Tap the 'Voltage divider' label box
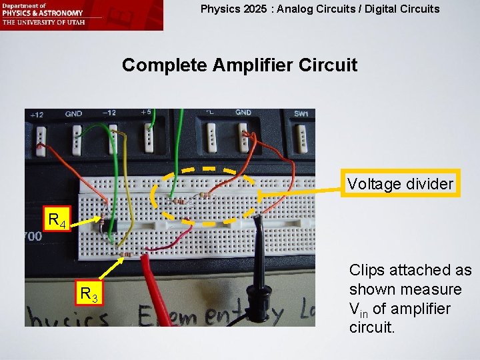[400, 183]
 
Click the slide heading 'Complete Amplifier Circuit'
[240, 65]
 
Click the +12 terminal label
[37, 115]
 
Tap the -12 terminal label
[109, 113]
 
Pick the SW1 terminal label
[301, 114]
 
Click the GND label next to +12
[73, 114]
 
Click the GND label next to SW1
[243, 113]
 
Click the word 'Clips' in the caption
[365, 271]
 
